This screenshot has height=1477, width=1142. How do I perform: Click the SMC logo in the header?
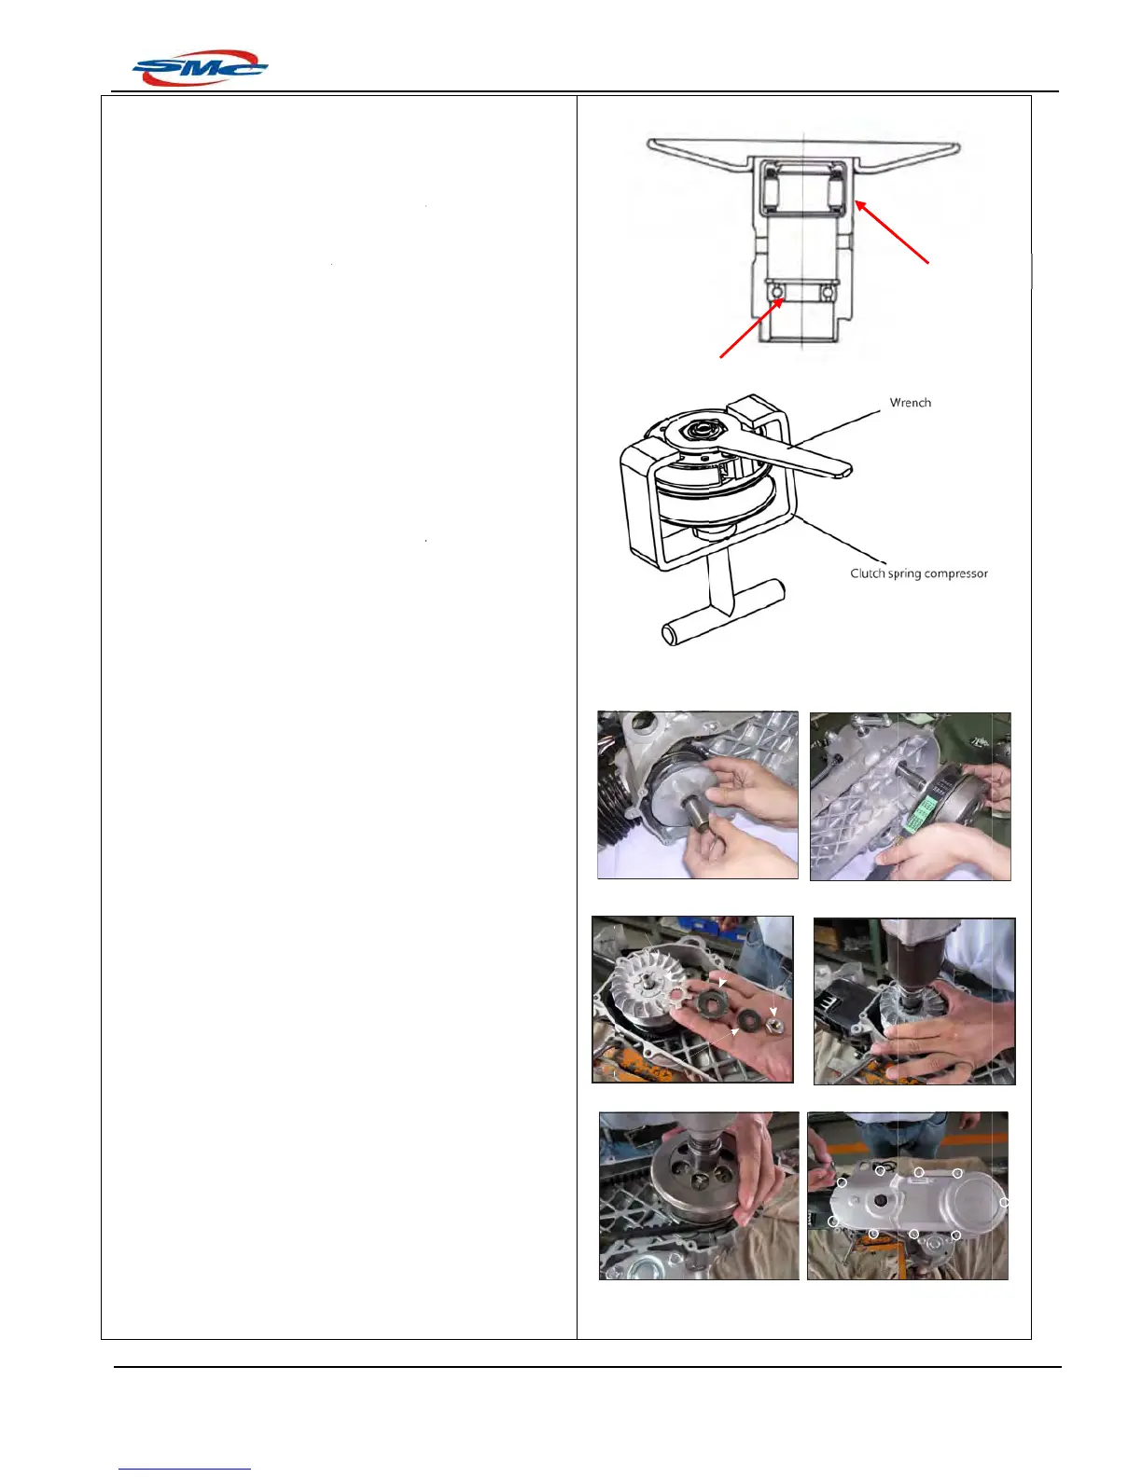pos(200,67)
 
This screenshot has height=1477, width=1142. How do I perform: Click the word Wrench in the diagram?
pos(910,403)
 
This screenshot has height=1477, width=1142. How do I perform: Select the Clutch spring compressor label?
pos(919,573)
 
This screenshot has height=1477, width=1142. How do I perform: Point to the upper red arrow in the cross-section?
pos(892,231)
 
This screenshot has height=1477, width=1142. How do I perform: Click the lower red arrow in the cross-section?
pos(752,327)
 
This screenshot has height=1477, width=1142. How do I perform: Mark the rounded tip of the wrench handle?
pos(844,468)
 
